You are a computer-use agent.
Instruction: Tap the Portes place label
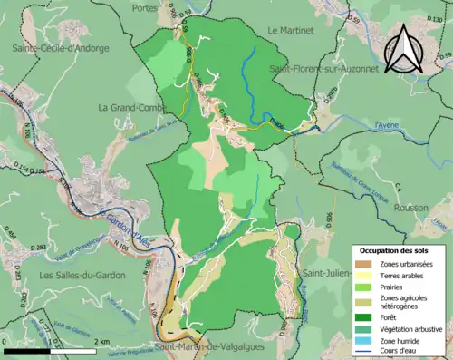click(170, 7)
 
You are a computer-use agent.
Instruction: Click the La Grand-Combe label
click(129, 107)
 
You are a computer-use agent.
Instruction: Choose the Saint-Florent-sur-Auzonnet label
click(320, 68)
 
